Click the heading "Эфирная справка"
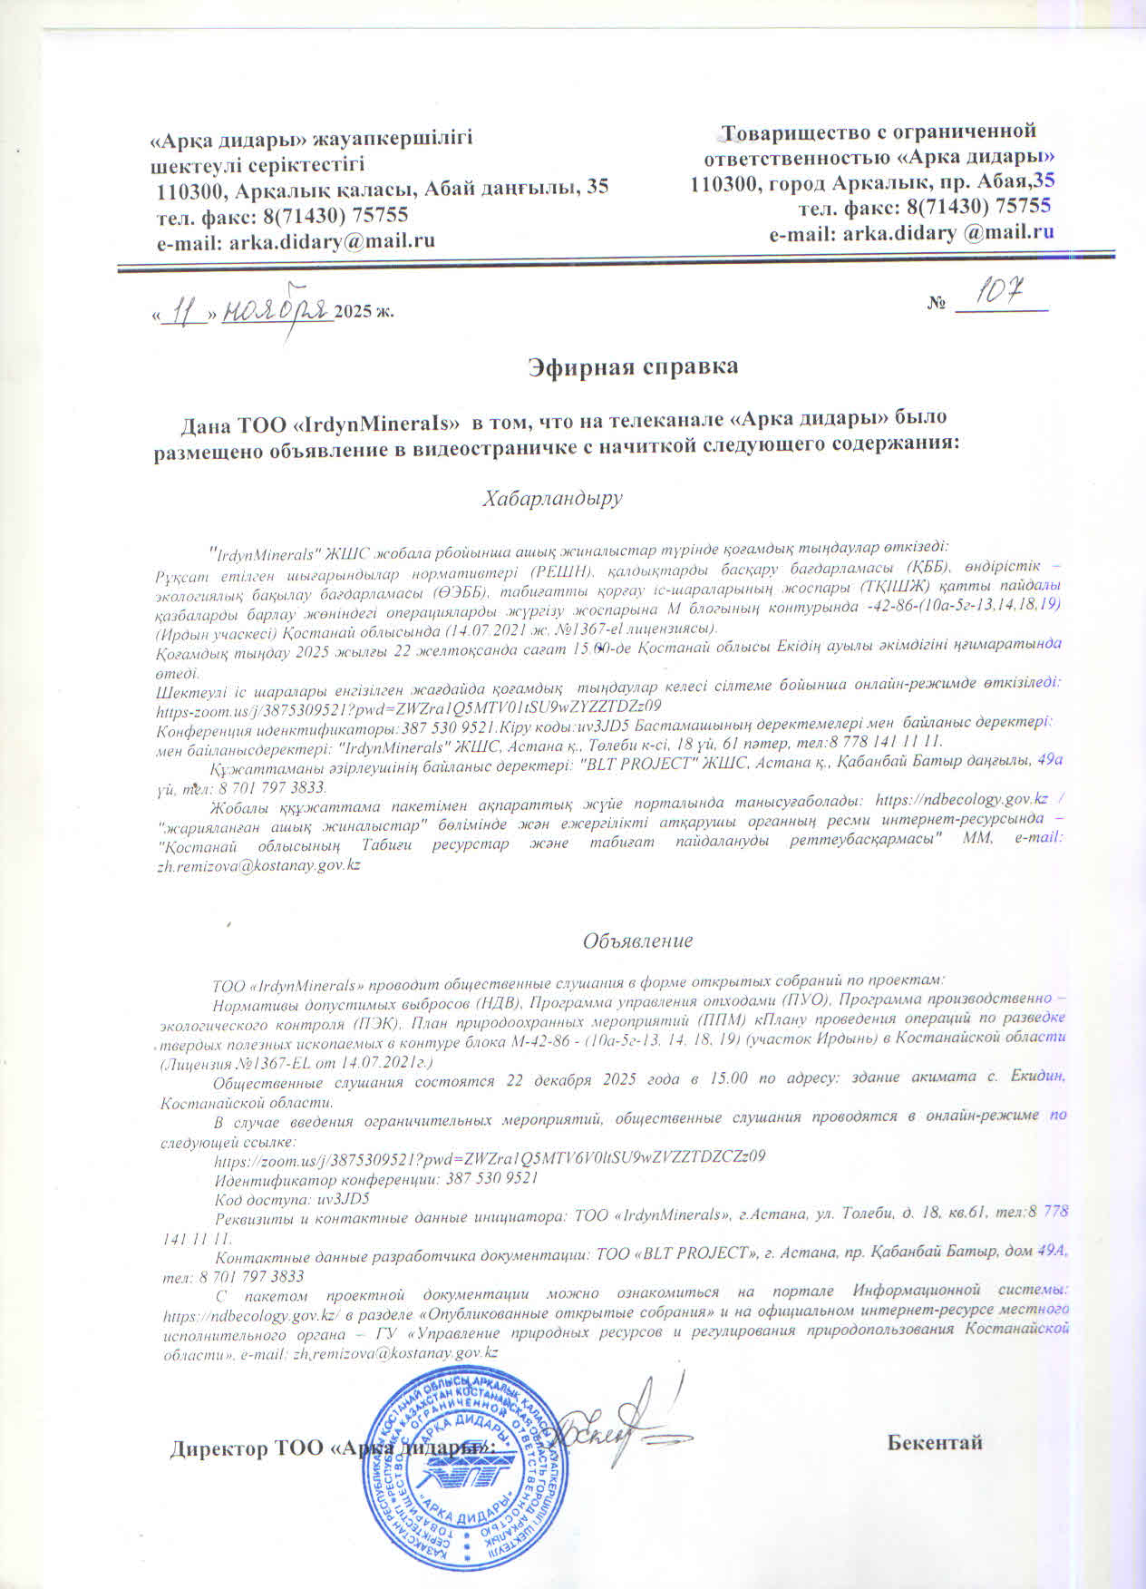(633, 366)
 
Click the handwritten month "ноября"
(276, 309)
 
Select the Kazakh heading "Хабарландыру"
(553, 498)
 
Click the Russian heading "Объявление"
(637, 941)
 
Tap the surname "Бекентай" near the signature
(935, 1442)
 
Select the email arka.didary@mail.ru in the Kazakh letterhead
(296, 240)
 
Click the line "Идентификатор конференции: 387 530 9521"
(376, 1178)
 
